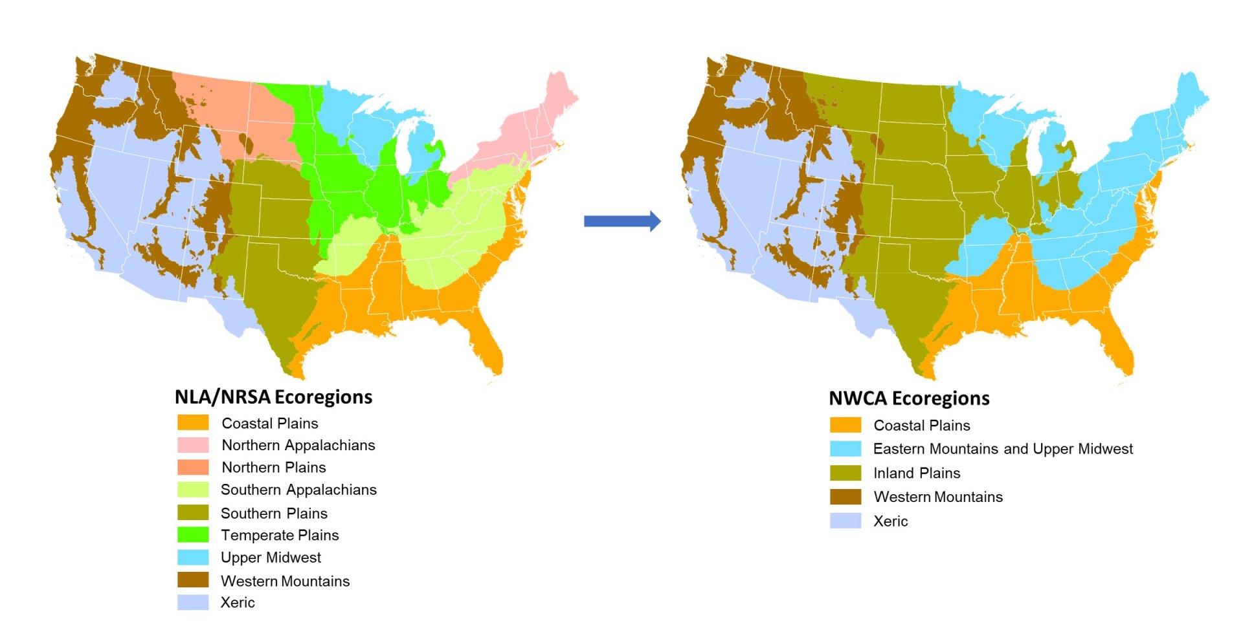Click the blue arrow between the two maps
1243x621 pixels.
621,221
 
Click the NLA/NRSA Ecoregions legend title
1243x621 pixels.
273,397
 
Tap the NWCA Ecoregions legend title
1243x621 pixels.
909,398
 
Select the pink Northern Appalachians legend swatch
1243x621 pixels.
193,445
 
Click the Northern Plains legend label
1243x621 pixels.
274,467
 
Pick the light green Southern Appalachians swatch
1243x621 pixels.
193,490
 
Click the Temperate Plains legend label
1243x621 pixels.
280,535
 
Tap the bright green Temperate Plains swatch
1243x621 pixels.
193,535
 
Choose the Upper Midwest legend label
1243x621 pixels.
271,558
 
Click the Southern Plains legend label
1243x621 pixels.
274,513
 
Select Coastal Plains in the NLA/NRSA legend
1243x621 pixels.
270,423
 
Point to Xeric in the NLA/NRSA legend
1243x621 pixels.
238,602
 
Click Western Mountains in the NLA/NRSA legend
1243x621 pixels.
285,581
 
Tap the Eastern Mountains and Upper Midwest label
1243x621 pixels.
1003,449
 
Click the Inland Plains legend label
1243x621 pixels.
917,473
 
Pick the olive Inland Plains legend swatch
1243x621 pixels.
845,473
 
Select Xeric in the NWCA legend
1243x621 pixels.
890,521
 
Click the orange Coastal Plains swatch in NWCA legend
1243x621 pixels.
845,425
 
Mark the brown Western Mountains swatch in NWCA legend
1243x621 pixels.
845,497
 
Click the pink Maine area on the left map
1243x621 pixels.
558,97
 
